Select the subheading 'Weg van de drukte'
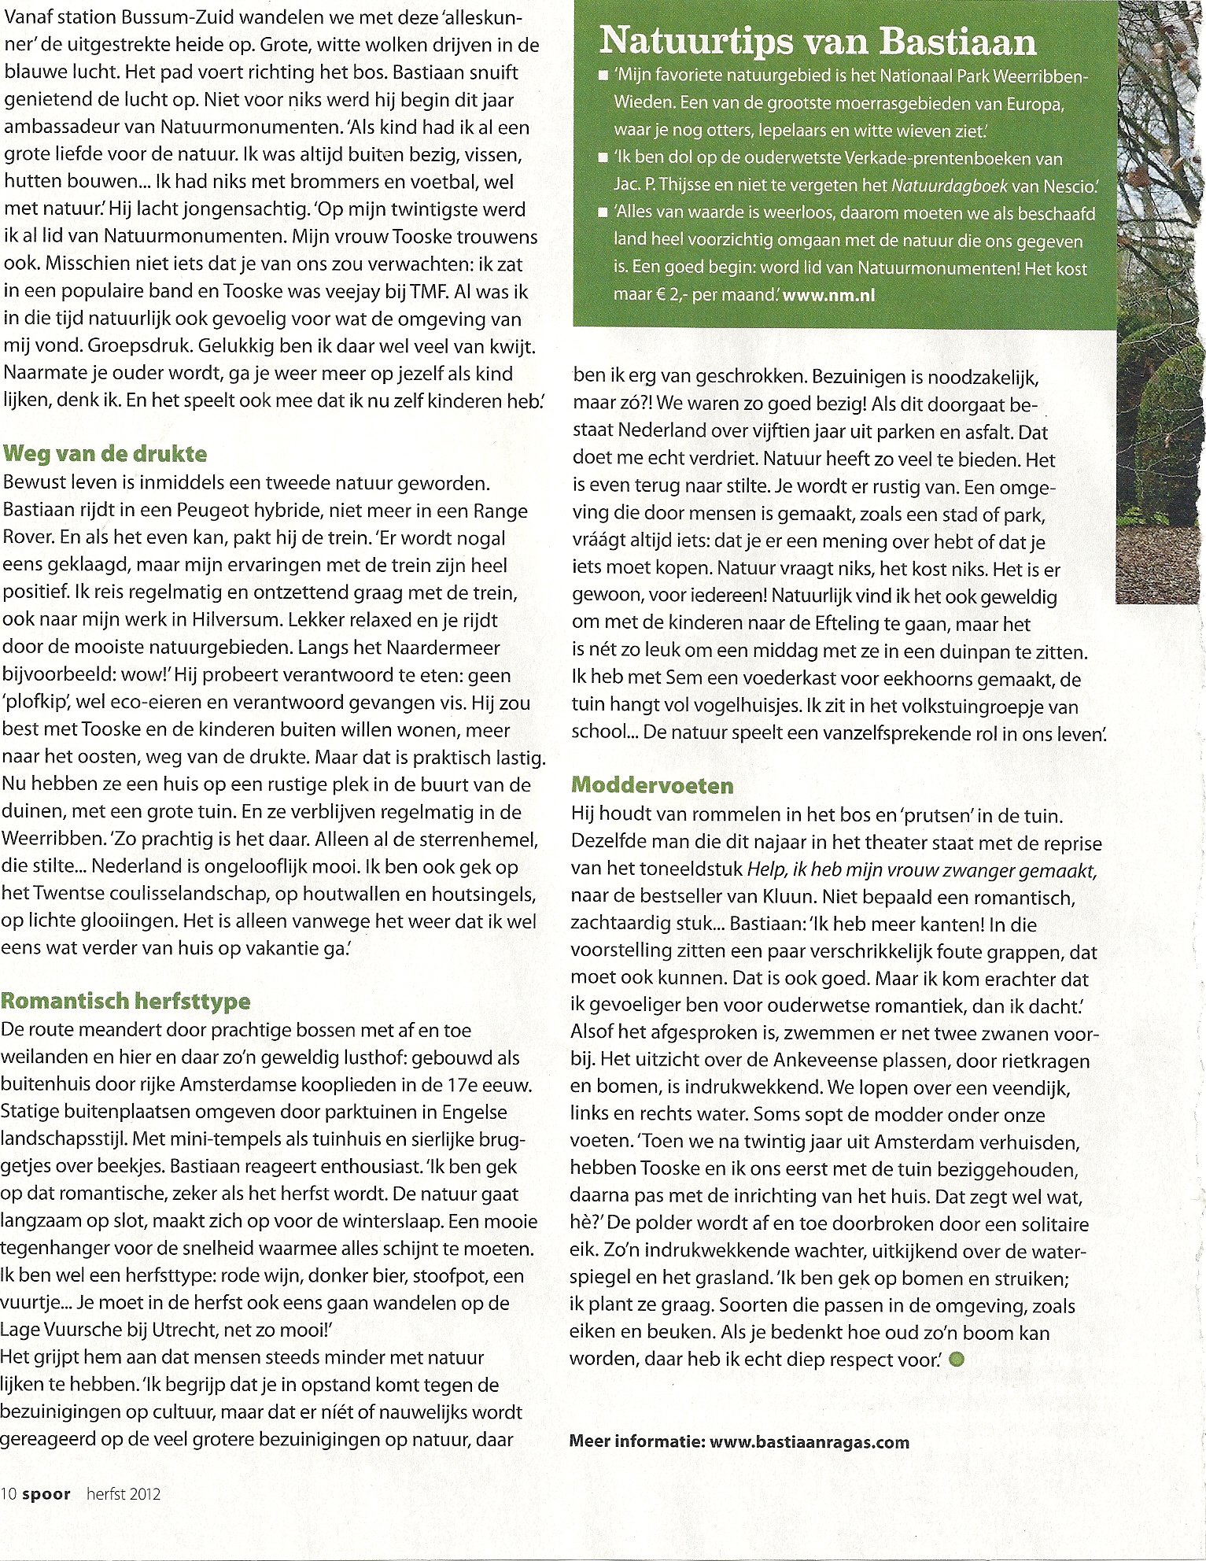(105, 453)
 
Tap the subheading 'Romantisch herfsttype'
(126, 1001)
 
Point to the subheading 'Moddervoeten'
(652, 784)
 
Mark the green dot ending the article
(956, 1360)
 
